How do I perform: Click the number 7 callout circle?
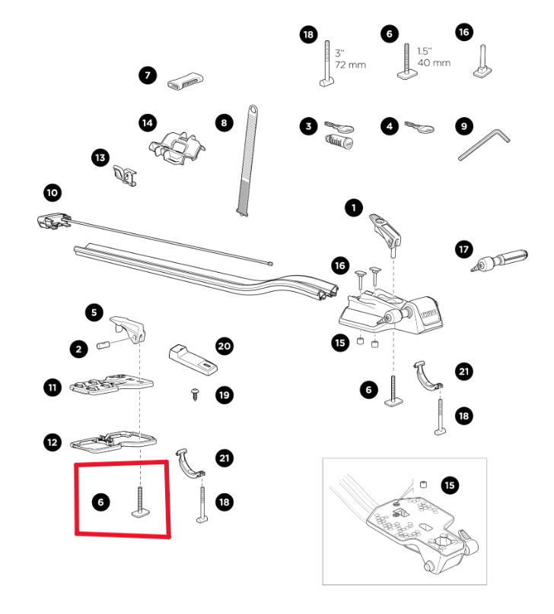click(x=147, y=75)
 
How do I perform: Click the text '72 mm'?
click(x=350, y=65)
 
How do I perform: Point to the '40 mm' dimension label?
click(x=431, y=62)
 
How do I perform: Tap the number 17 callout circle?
click(x=463, y=249)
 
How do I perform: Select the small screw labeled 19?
click(x=196, y=394)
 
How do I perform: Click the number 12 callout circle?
click(x=52, y=442)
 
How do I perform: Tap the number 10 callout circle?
click(x=52, y=193)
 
